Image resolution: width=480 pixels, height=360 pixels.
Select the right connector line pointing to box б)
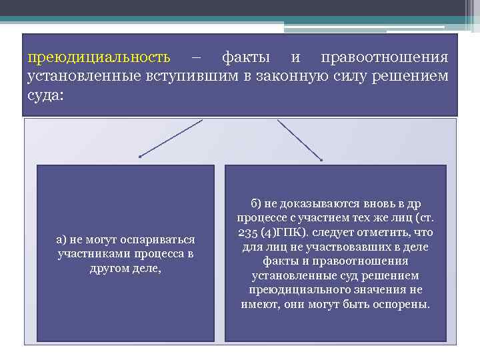click(299, 141)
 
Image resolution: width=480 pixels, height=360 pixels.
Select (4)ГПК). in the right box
click(291, 232)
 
